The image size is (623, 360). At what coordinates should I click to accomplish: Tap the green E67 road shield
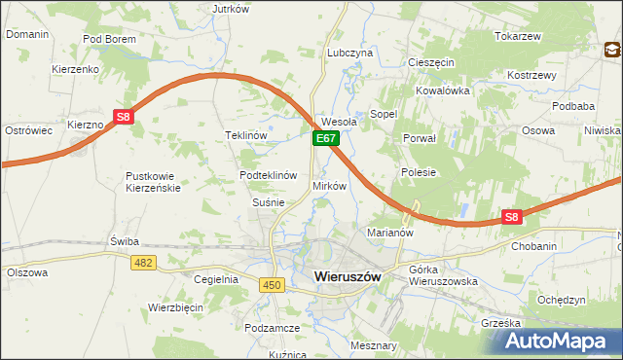pyautogui.click(x=325, y=140)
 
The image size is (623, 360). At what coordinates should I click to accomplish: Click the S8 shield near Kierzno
pyautogui.click(x=123, y=117)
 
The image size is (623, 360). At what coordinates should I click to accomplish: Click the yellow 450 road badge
pyautogui.click(x=272, y=283)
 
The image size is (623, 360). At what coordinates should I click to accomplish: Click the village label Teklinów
pyautogui.click(x=245, y=135)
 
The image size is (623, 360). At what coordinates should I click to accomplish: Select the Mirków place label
pyautogui.click(x=329, y=185)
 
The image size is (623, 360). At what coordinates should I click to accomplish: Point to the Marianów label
pyautogui.click(x=390, y=234)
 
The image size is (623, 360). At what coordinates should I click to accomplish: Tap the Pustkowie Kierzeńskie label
pyautogui.click(x=153, y=182)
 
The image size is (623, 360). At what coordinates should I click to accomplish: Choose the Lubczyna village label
pyautogui.click(x=350, y=53)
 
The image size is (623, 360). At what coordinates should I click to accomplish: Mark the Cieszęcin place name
pyautogui.click(x=431, y=61)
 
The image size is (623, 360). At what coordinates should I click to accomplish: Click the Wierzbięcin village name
pyautogui.click(x=174, y=306)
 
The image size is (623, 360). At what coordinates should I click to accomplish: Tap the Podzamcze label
pyautogui.click(x=272, y=329)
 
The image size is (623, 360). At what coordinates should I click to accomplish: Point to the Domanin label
pyautogui.click(x=27, y=34)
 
